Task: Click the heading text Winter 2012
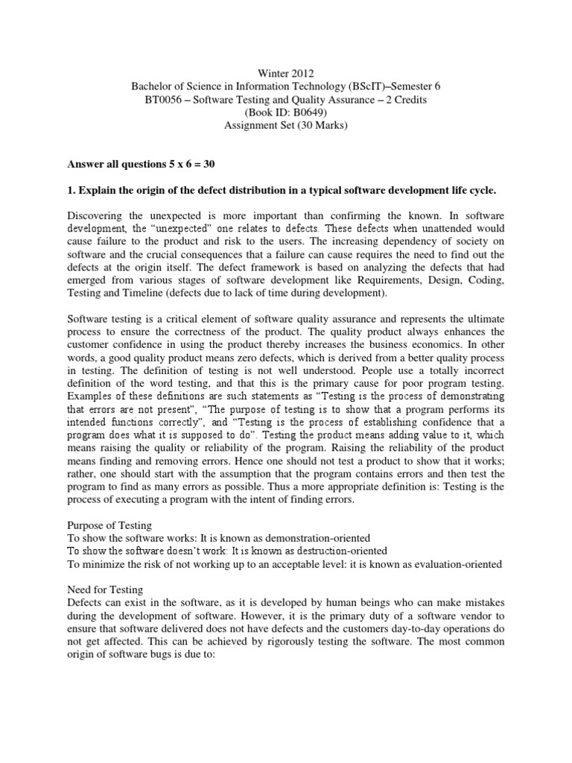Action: point(285,74)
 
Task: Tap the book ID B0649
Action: point(302,113)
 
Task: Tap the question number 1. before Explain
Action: point(71,191)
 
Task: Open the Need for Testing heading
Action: point(104,590)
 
